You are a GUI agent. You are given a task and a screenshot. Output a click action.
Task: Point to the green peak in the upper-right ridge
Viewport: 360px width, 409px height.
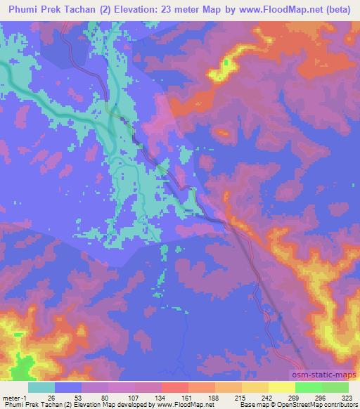(226, 63)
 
